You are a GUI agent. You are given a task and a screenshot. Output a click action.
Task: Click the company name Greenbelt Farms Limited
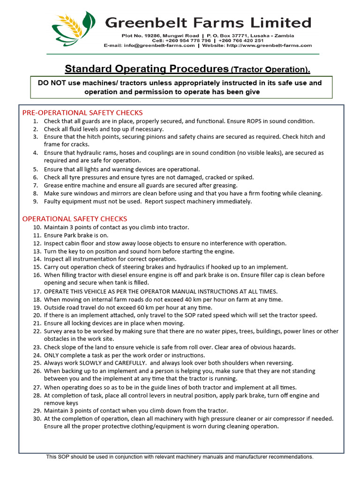click(208, 22)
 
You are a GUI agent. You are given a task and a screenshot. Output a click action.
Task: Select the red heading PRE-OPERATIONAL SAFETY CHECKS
click(82, 112)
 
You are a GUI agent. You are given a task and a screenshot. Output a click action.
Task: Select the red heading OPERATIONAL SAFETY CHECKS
click(75, 219)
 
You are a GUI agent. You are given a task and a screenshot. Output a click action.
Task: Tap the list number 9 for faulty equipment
click(36, 202)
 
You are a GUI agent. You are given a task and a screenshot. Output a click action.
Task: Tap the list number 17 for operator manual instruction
click(37, 292)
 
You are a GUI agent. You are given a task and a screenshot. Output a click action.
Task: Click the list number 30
click(37, 419)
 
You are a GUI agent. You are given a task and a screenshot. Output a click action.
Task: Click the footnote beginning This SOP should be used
click(180, 457)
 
